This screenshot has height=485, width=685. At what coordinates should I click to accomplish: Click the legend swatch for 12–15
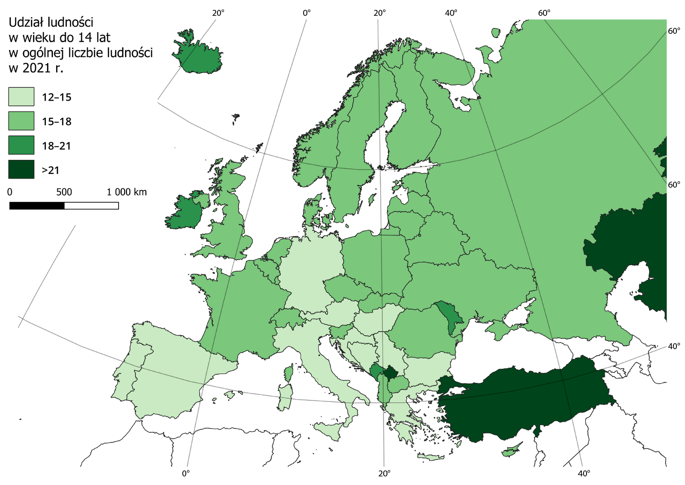click(21, 96)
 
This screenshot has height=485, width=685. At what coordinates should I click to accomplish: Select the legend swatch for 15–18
click(21, 121)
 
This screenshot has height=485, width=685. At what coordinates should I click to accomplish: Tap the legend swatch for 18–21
click(21, 145)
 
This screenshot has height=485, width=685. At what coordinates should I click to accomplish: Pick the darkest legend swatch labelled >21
click(21, 170)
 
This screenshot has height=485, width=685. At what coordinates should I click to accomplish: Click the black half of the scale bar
click(37, 206)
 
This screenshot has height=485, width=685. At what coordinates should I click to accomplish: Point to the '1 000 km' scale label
click(127, 192)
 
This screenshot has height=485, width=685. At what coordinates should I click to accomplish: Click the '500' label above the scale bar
click(64, 192)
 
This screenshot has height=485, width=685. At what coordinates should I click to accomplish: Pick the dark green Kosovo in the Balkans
click(390, 372)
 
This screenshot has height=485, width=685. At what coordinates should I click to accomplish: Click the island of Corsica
click(289, 372)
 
